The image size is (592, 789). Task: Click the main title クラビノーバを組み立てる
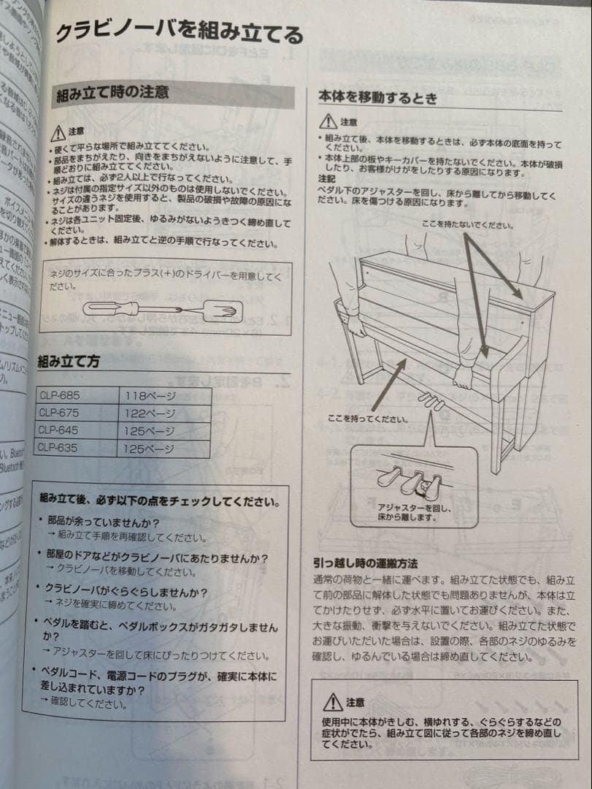179,33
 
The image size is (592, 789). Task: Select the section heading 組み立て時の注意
113,93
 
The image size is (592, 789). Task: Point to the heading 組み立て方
69,362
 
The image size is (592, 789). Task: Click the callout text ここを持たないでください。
467,225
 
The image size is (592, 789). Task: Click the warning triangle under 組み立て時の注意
58,134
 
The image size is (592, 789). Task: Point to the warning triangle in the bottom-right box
332,703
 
